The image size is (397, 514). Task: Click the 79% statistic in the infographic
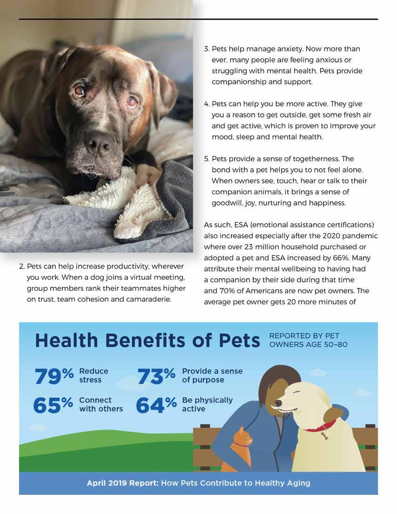tap(54, 376)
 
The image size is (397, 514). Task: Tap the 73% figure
tap(156, 376)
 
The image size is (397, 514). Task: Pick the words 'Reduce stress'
tap(94, 376)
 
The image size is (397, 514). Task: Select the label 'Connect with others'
tap(101, 404)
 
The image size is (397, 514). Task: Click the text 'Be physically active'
tap(207, 404)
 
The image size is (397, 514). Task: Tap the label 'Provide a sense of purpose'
tap(212, 376)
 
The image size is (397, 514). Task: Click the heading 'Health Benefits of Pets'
tap(147, 341)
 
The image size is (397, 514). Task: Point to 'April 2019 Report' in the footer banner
tap(122, 483)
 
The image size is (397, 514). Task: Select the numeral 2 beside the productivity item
tap(21, 267)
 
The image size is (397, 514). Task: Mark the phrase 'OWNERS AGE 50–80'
tap(308, 345)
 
